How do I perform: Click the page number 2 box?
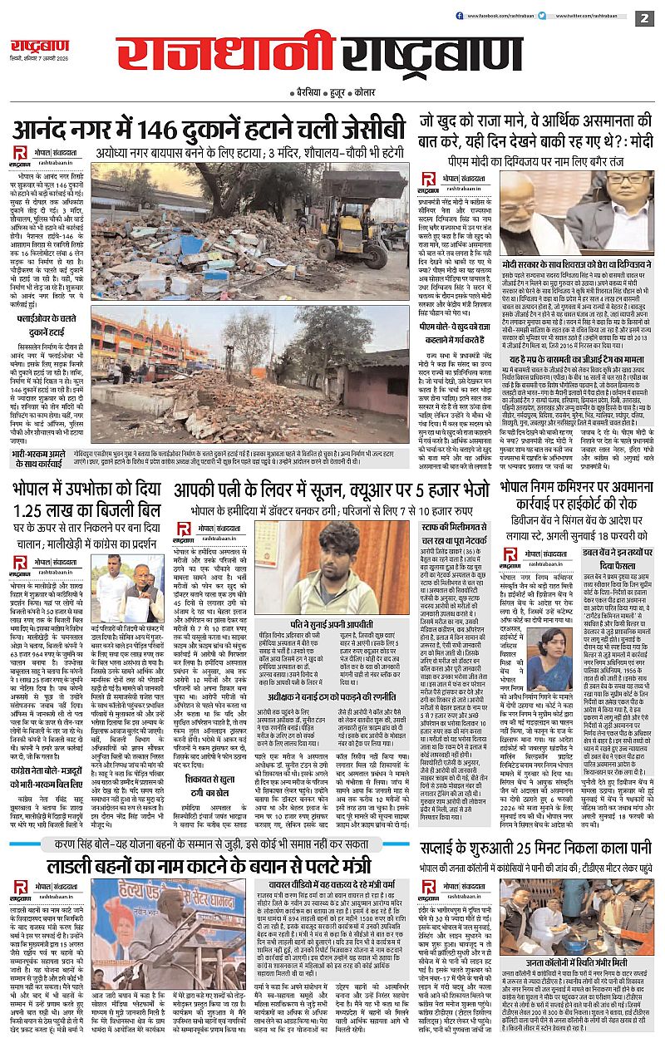(x=643, y=17)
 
